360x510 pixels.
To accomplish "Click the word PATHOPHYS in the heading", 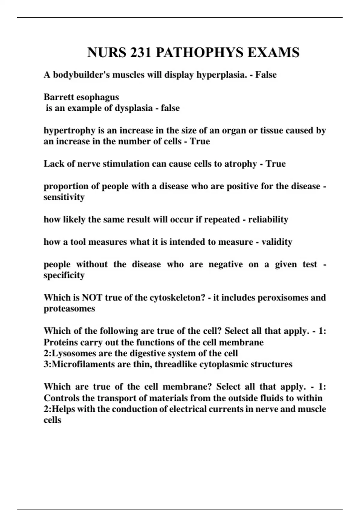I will coord(199,52).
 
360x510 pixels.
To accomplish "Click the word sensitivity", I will coord(64,197).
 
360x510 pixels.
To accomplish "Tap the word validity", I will coord(277,242).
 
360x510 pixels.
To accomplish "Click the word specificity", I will coord(64,275).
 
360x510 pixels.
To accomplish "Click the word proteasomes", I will coord(69,309).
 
